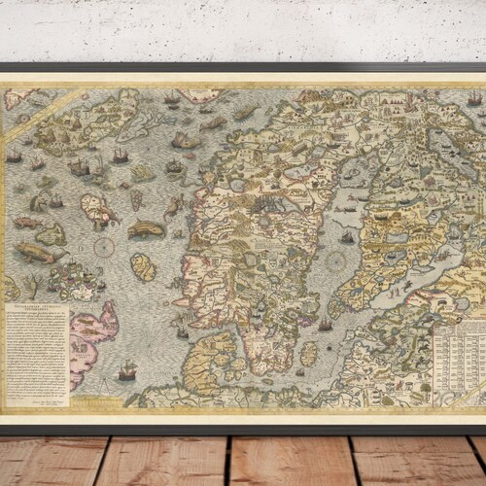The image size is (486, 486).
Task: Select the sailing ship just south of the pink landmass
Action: click(126, 370)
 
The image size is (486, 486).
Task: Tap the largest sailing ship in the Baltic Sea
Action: click(347, 236)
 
